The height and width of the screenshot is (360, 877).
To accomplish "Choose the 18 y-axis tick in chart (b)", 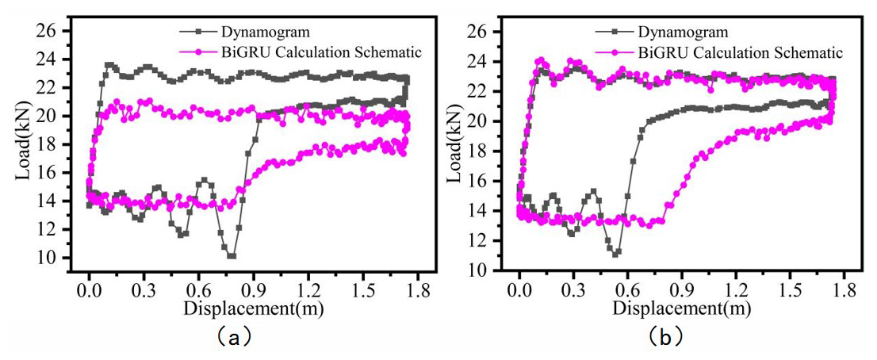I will click(x=484, y=151).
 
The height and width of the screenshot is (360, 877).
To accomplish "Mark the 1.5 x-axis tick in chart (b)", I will click(x=791, y=287).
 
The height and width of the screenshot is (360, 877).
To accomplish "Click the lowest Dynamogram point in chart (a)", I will click(x=231, y=255).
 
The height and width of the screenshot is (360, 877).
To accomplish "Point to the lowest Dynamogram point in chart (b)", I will click(x=616, y=253).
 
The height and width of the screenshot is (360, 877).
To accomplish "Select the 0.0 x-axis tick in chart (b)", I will click(x=519, y=287).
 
